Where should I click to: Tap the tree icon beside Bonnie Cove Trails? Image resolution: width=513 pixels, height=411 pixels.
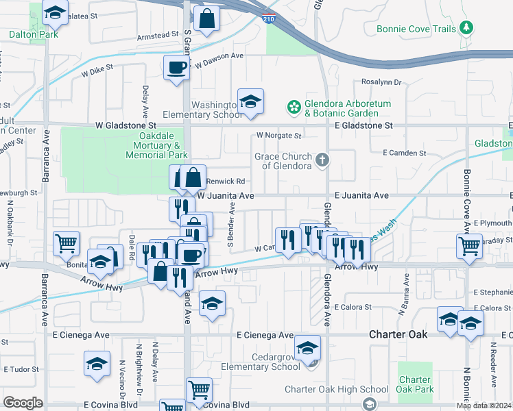(467, 28)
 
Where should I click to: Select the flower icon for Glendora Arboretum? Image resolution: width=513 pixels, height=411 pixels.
(294, 107)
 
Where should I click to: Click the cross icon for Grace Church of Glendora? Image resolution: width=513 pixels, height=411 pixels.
(322, 162)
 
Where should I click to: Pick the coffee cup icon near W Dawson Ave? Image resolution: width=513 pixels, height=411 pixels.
(176, 67)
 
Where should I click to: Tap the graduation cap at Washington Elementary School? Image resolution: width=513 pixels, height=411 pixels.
(250, 102)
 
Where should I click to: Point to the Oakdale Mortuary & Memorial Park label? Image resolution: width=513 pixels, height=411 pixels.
(157, 146)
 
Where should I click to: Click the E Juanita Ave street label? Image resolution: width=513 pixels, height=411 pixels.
(361, 196)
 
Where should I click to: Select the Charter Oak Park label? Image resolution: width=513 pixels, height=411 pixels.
(416, 384)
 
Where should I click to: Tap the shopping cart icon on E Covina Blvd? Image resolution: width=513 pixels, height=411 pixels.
(198, 390)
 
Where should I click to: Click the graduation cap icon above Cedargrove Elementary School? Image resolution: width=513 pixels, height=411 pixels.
(307, 347)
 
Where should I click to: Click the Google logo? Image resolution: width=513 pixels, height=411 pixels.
(23, 402)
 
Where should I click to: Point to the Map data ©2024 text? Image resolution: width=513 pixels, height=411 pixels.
(484, 406)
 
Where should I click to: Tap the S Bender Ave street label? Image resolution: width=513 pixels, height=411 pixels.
(230, 224)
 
